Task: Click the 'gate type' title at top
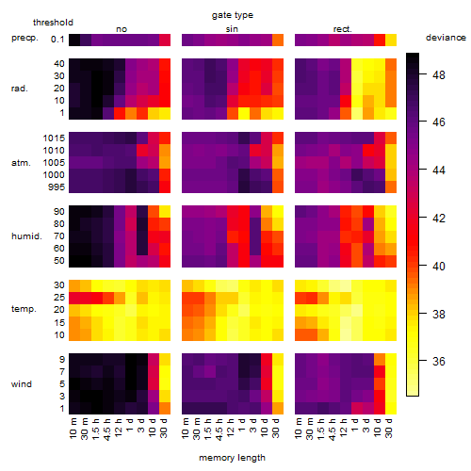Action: [x=233, y=15]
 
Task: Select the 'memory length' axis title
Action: [x=232, y=458]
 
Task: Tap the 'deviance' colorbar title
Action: [x=446, y=38]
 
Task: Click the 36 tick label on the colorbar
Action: [x=439, y=361]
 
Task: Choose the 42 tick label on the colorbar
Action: [x=439, y=218]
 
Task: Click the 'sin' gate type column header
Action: [x=232, y=29]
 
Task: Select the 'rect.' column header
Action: [x=342, y=29]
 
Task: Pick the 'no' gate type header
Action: [x=122, y=29]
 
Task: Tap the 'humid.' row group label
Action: [x=26, y=235]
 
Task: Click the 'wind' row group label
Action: [x=22, y=384]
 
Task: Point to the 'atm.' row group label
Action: [x=21, y=163]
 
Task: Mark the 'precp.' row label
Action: [x=24, y=38]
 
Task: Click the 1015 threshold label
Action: [x=54, y=138]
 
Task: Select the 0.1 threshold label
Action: [x=57, y=40]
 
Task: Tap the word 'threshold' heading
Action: [x=53, y=23]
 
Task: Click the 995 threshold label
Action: [x=57, y=187]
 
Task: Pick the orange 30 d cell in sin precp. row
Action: [x=278, y=40]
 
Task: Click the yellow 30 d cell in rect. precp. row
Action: [x=391, y=40]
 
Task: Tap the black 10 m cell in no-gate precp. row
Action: [x=74, y=40]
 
